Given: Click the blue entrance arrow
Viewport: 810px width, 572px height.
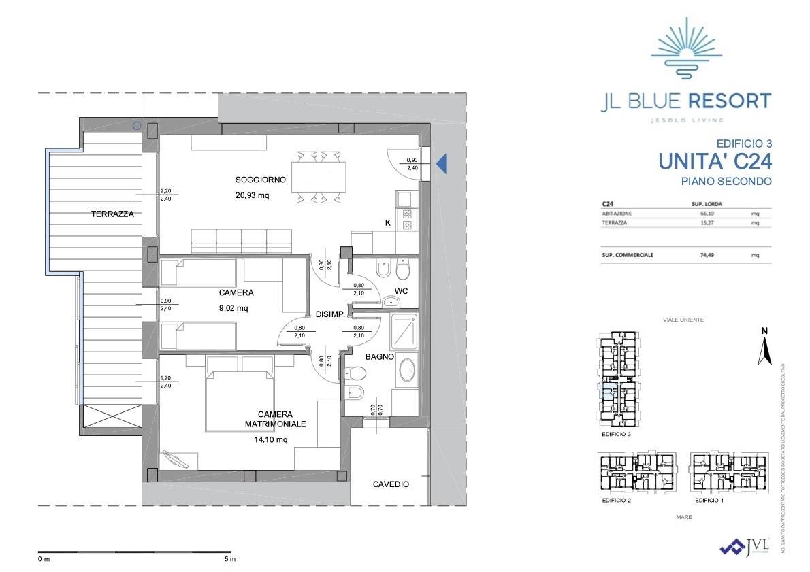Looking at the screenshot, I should pyautogui.click(x=441, y=163).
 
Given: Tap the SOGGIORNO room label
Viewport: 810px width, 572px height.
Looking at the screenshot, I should pyautogui.click(x=261, y=180).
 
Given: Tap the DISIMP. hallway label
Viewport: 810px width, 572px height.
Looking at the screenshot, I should pyautogui.click(x=330, y=314).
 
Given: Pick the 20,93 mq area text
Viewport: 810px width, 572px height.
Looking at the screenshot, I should pyautogui.click(x=253, y=195).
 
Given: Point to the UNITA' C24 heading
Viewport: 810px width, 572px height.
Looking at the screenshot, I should pyautogui.click(x=715, y=161).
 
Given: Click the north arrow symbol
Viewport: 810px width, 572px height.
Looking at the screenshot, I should pyautogui.click(x=764, y=347).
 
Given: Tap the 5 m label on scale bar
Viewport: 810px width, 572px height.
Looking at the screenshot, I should pyautogui.click(x=229, y=560).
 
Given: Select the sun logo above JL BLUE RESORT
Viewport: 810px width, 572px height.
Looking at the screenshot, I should pyautogui.click(x=685, y=46).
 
